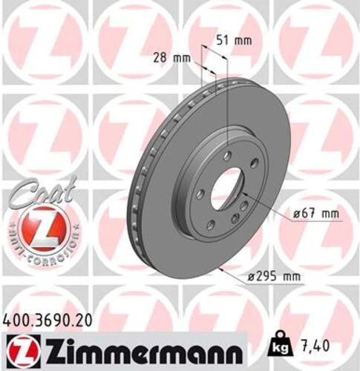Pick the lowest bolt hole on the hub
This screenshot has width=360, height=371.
(211, 223)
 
